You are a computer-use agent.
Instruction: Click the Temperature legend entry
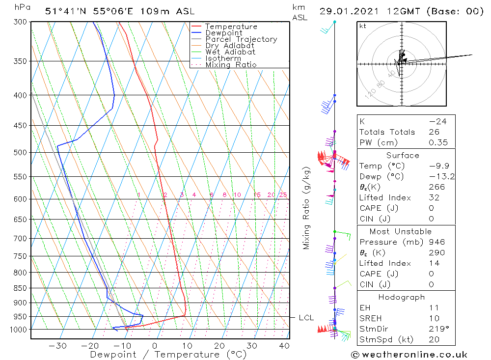point(231,27)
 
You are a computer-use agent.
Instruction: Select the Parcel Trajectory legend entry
point(241,39)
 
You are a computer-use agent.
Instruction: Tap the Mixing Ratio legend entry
point(231,64)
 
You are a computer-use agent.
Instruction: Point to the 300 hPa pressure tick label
point(20,22)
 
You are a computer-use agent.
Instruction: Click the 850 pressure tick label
point(20,288)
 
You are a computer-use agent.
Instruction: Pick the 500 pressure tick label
point(20,153)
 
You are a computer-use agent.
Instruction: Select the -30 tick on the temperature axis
point(57,346)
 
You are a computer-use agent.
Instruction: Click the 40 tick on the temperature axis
point(283,346)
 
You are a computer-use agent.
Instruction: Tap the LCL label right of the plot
point(306,318)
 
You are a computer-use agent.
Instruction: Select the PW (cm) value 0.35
point(438,142)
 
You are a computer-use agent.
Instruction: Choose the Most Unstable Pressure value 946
point(436,242)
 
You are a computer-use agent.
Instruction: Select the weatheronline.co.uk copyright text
point(409,354)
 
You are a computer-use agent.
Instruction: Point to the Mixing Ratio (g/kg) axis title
point(306,208)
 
